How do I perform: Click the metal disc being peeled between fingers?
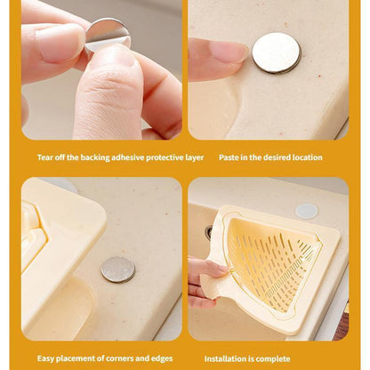point(108,32)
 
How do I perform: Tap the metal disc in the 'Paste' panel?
point(276,52)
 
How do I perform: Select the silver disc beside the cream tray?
point(117,269)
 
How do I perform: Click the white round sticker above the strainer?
point(306,211)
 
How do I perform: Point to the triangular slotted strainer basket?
point(271,261)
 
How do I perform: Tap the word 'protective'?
point(171,157)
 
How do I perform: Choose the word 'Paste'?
point(229,157)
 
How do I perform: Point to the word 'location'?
point(308,157)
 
